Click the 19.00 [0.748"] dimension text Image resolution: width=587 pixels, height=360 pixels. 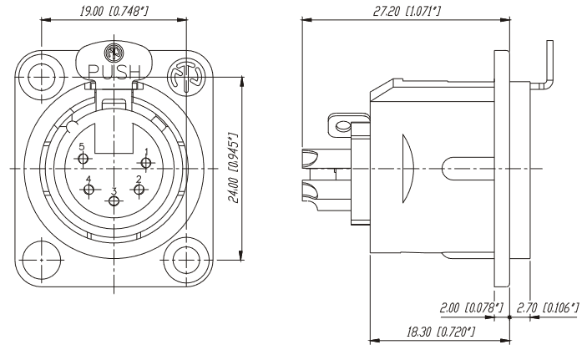114,11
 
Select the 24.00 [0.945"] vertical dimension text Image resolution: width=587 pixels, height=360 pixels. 234,167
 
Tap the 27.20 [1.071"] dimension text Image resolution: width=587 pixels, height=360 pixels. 406,11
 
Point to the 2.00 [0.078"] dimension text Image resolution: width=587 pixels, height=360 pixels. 471,308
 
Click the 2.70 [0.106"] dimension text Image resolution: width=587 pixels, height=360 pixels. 548,308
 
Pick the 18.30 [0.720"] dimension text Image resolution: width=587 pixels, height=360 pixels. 441,332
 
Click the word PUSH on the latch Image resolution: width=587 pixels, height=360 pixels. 114,72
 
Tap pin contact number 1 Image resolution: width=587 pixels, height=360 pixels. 145,163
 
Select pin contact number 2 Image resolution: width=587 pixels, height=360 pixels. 139,190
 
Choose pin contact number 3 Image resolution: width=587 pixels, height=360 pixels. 114,201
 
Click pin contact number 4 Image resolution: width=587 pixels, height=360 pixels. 89,190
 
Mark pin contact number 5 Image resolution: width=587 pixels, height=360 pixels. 83,159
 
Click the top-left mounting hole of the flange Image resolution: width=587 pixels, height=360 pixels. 41,77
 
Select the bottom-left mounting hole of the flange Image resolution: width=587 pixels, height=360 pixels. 41,260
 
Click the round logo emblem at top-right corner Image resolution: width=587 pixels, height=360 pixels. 186,77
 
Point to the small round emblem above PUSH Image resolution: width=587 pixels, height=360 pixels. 114,53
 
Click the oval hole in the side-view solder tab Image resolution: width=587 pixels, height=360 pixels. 342,125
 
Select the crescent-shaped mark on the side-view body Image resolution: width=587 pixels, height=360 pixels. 407,169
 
